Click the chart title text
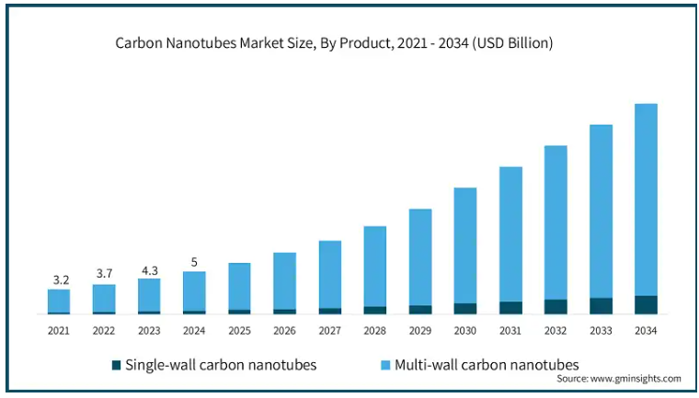(333, 43)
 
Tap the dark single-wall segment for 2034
(646, 305)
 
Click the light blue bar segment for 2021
(59, 301)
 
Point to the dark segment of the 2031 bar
(510, 308)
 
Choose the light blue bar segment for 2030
(465, 245)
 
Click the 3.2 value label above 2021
(59, 279)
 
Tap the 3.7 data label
(104, 273)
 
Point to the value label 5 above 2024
(194, 261)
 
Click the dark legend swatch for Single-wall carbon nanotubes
(116, 365)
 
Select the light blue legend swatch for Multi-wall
(384, 365)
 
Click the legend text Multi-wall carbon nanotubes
(487, 365)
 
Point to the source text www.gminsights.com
(618, 379)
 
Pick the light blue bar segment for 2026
(285, 281)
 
